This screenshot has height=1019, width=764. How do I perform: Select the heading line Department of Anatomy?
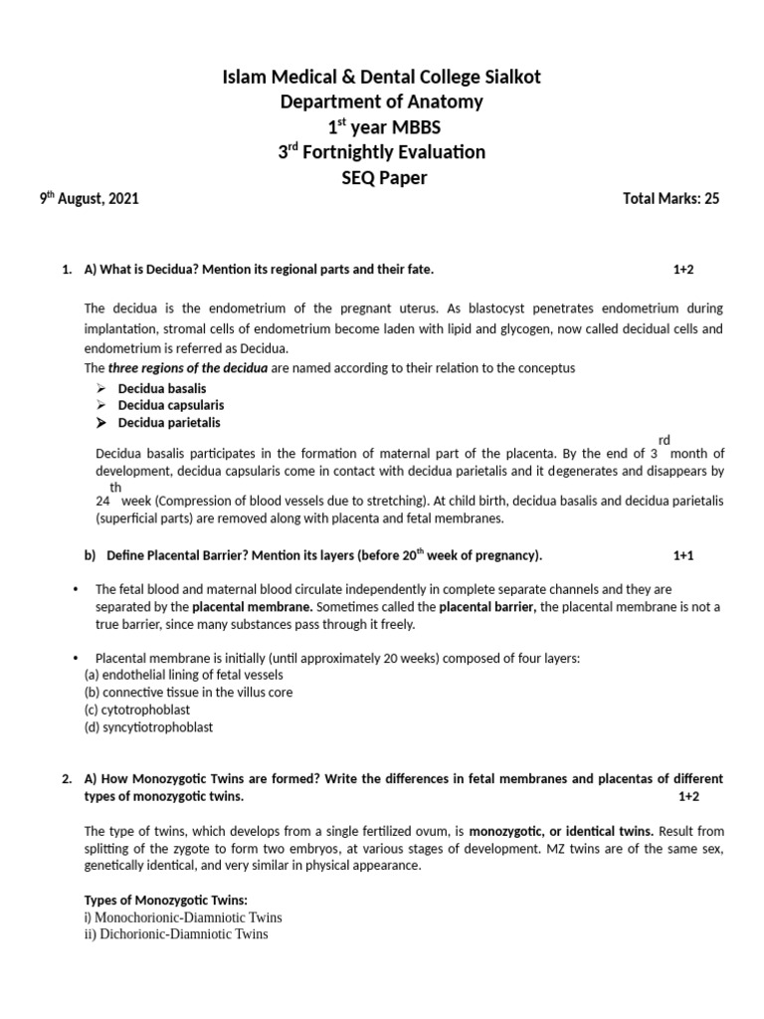tap(381, 102)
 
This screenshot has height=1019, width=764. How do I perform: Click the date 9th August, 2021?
tap(89, 198)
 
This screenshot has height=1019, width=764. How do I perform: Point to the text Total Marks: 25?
tap(669, 198)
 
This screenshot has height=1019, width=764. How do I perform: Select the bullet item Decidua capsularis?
tap(171, 405)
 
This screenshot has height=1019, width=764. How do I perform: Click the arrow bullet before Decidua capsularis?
tap(101, 405)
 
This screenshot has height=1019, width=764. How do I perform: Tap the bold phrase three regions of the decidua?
tap(187, 368)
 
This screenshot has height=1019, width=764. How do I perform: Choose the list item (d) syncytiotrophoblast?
tap(148, 727)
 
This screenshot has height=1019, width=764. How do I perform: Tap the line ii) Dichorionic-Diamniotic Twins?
tap(176, 934)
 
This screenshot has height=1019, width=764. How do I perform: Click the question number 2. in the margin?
tap(67, 778)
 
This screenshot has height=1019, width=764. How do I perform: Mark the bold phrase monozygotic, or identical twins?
tap(561, 830)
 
